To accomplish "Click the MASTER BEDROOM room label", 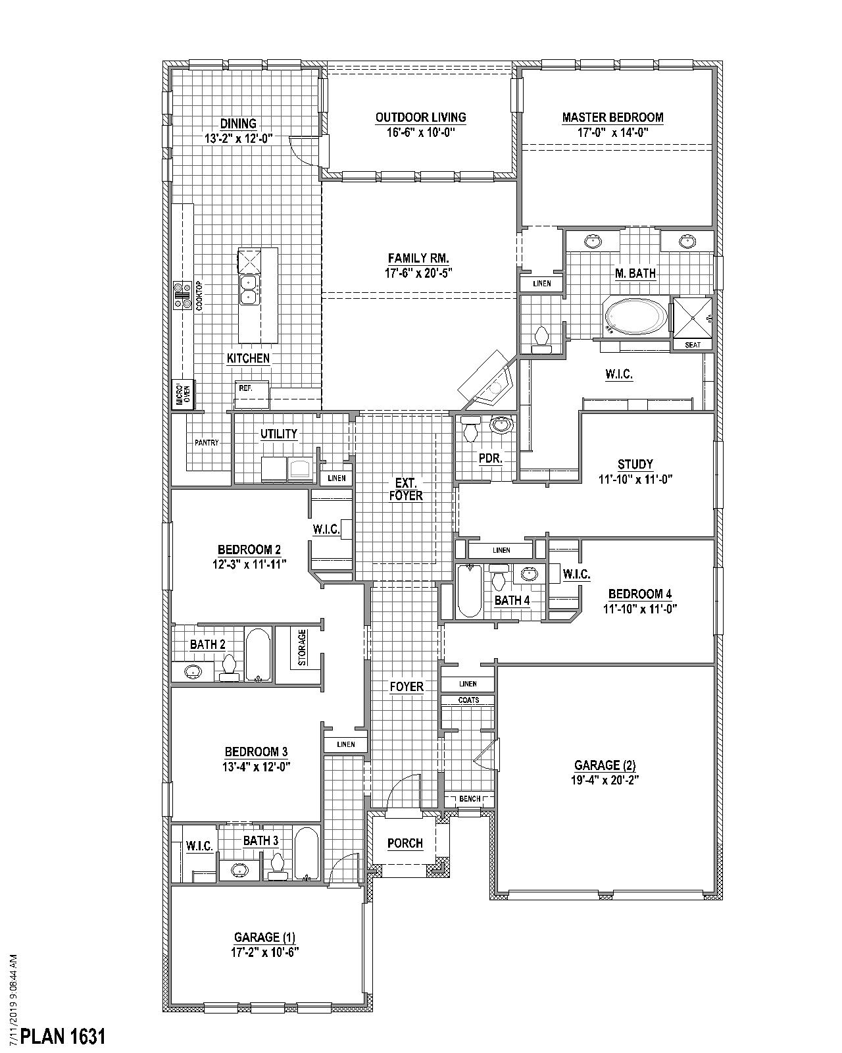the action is [x=612, y=117].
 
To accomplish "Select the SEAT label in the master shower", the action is [x=692, y=345].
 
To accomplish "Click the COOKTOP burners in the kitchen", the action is [x=183, y=296].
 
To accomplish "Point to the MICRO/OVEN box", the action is [x=184, y=394].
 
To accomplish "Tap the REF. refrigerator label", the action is [x=245, y=388].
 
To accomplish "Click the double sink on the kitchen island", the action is [x=249, y=289].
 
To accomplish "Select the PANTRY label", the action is [x=207, y=442].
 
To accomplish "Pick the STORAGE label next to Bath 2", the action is [x=302, y=648].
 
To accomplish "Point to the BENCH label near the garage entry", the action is [x=470, y=798].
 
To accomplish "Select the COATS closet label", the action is [x=468, y=700].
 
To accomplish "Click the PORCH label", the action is [x=405, y=843].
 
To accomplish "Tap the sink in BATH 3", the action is [x=239, y=869].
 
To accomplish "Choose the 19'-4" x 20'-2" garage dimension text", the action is [x=605, y=779].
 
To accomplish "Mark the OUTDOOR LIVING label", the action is [x=421, y=117].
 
